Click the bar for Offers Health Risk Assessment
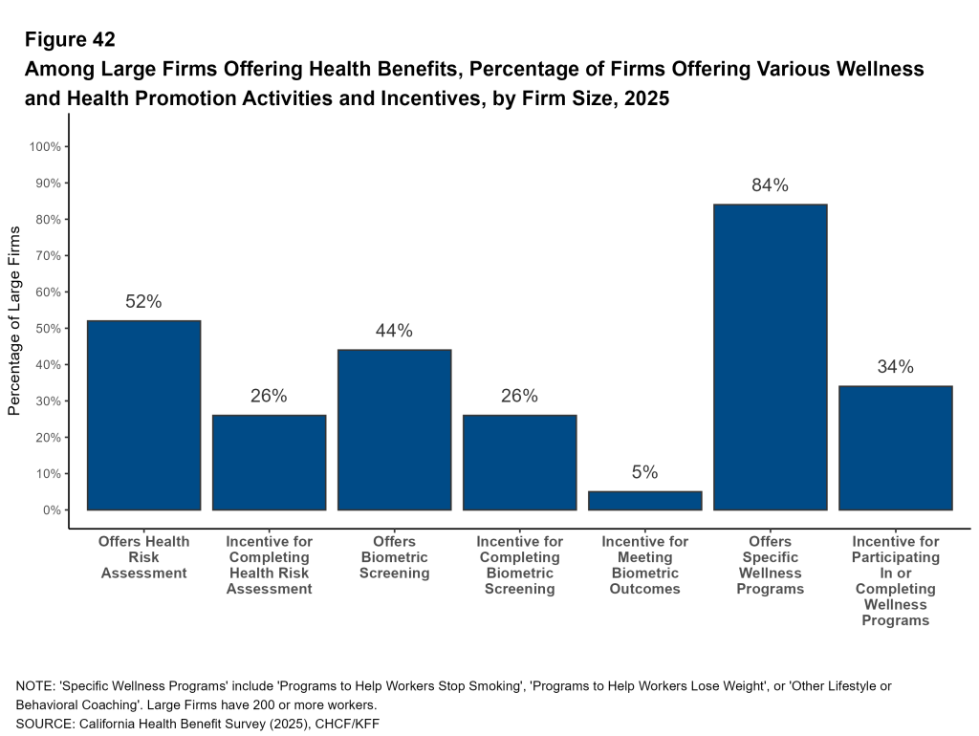[143, 416]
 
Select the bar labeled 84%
[770, 357]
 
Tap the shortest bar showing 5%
[644, 501]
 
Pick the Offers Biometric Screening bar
[394, 430]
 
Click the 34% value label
[895, 367]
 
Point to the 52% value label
[143, 302]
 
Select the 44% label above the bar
[394, 331]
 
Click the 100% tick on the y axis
[45, 147]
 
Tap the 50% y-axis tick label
[48, 329]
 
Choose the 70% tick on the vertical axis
[48, 256]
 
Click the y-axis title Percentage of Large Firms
[14, 320]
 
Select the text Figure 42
[70, 40]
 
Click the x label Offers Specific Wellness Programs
[770, 565]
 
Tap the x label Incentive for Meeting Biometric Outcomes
[644, 565]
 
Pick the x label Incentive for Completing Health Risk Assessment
[269, 565]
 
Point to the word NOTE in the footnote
[34, 685]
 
